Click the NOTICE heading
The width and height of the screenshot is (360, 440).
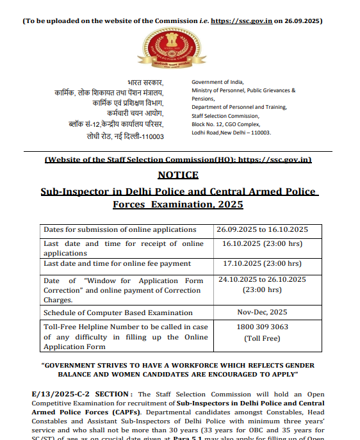tap(177, 175)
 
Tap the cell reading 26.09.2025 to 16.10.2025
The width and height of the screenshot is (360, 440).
tap(262, 229)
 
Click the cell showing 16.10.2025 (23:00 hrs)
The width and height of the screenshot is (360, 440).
tap(262, 243)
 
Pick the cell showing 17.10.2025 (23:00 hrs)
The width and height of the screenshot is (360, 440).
tap(262, 263)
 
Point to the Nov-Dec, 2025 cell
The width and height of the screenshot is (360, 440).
tap(262, 313)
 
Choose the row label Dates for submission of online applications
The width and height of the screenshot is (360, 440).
tap(120, 229)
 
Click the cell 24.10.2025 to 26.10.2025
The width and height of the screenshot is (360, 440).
tap(262, 279)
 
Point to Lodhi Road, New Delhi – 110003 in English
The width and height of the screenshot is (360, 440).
tap(231, 133)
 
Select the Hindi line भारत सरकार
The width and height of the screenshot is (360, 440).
tap(145, 83)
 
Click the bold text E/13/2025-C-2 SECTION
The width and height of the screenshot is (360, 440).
tap(83, 395)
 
